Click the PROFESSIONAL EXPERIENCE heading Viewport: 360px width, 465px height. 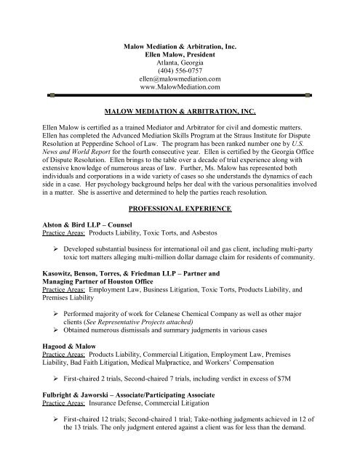click(x=180, y=209)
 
